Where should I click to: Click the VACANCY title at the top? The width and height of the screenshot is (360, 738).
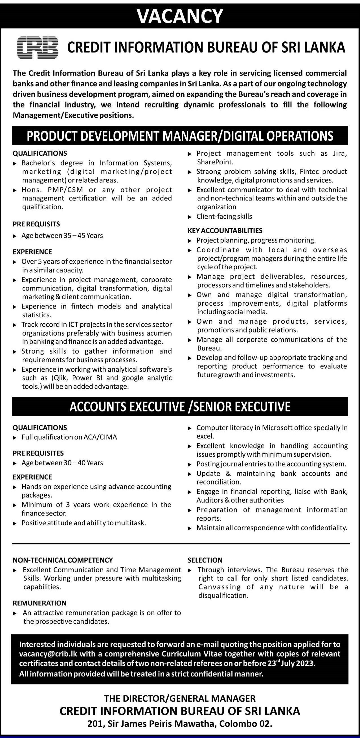point(180,16)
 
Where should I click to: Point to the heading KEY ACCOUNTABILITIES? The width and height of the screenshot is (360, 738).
point(225,231)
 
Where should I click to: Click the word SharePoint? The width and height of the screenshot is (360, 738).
point(215,162)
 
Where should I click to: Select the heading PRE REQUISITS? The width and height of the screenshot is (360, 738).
point(36,224)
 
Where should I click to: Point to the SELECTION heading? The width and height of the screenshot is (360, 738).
point(205,560)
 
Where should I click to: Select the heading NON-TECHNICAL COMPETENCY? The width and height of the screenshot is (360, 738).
point(63,560)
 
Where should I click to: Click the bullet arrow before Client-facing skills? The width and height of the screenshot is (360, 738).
point(190,217)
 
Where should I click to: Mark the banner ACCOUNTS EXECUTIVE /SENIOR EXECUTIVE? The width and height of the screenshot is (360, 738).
point(180,407)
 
